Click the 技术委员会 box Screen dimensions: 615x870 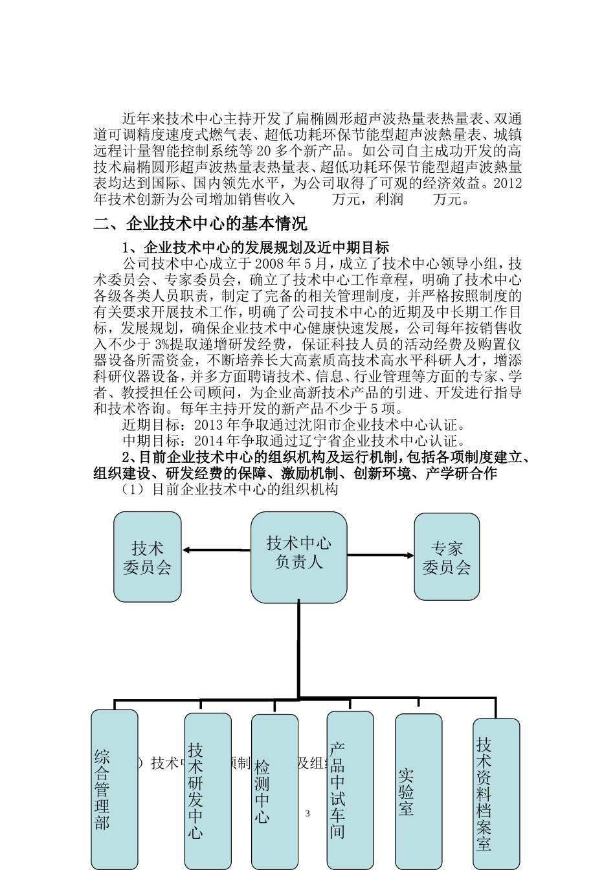click(x=148, y=557)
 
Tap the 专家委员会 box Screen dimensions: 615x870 click(x=447, y=557)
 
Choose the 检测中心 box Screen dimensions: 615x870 click(x=274, y=791)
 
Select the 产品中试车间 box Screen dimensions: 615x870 click(x=350, y=790)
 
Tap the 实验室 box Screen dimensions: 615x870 click(x=419, y=791)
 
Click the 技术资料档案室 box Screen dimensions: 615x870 click(x=496, y=794)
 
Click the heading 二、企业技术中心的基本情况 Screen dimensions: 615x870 click(x=200, y=224)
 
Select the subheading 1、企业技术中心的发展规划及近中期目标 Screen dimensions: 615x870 click(x=256, y=248)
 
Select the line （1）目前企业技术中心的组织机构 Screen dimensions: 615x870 click(x=230, y=489)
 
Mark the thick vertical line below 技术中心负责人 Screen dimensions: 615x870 click(x=298, y=651)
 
